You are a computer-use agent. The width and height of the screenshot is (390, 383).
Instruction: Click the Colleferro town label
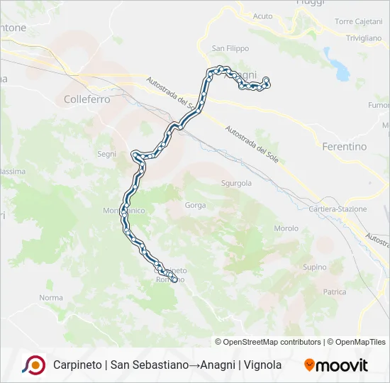tap(87, 100)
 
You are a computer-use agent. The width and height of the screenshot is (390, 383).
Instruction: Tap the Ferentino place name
tap(345, 147)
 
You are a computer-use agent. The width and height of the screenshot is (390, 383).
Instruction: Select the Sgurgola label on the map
tap(237, 182)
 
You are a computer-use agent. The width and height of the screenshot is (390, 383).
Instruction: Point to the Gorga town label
tap(195, 206)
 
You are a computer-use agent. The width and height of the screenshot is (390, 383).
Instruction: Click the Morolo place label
tap(286, 228)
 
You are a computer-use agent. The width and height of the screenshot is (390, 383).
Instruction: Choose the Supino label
tap(314, 267)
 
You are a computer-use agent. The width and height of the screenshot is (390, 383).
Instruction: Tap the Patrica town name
tap(334, 292)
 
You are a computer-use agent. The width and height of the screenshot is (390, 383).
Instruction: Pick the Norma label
tap(51, 298)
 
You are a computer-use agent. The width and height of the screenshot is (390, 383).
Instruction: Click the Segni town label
tap(106, 154)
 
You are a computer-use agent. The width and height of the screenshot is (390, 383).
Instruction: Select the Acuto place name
tap(262, 16)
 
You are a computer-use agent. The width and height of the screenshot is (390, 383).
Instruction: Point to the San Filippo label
tap(230, 49)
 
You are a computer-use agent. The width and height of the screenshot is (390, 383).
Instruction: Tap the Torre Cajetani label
tap(359, 22)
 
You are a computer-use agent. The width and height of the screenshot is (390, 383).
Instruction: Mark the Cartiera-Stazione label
tap(338, 209)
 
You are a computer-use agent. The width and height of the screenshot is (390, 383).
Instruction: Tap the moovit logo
tap(336, 365)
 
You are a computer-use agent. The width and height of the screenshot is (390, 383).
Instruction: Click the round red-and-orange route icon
tap(33, 365)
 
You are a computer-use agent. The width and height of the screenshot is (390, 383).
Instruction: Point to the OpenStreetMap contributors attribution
tap(268, 342)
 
